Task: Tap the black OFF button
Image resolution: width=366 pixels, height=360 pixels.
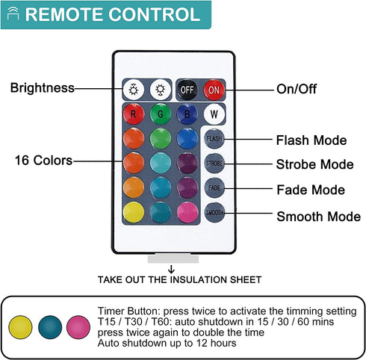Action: [x=187, y=90]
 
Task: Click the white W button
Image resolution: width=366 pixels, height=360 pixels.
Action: [x=214, y=114]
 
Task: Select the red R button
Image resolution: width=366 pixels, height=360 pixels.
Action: [x=134, y=114]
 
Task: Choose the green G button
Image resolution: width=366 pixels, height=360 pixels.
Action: [x=161, y=114]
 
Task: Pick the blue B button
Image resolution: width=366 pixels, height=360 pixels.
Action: [x=187, y=114]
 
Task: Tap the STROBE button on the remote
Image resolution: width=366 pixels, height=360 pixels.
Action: [x=214, y=164]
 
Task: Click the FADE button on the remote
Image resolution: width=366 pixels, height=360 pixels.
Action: [x=214, y=188]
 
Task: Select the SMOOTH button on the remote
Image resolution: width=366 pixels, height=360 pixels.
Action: [x=214, y=212]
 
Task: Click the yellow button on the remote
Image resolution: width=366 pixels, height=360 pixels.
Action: [x=134, y=212]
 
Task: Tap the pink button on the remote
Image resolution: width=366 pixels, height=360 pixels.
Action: [x=187, y=212]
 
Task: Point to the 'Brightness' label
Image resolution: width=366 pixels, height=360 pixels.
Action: [x=43, y=88]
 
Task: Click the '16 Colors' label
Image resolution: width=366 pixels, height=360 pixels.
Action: [x=43, y=161]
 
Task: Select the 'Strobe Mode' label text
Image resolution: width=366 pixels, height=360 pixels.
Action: [x=315, y=164]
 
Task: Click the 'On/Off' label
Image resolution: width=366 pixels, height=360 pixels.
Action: [x=297, y=89]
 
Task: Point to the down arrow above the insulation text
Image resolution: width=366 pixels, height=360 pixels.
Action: [x=171, y=270]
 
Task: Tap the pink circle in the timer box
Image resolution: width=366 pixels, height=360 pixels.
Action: [x=78, y=327]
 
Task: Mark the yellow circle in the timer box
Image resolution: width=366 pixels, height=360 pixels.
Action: [x=20, y=327]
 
